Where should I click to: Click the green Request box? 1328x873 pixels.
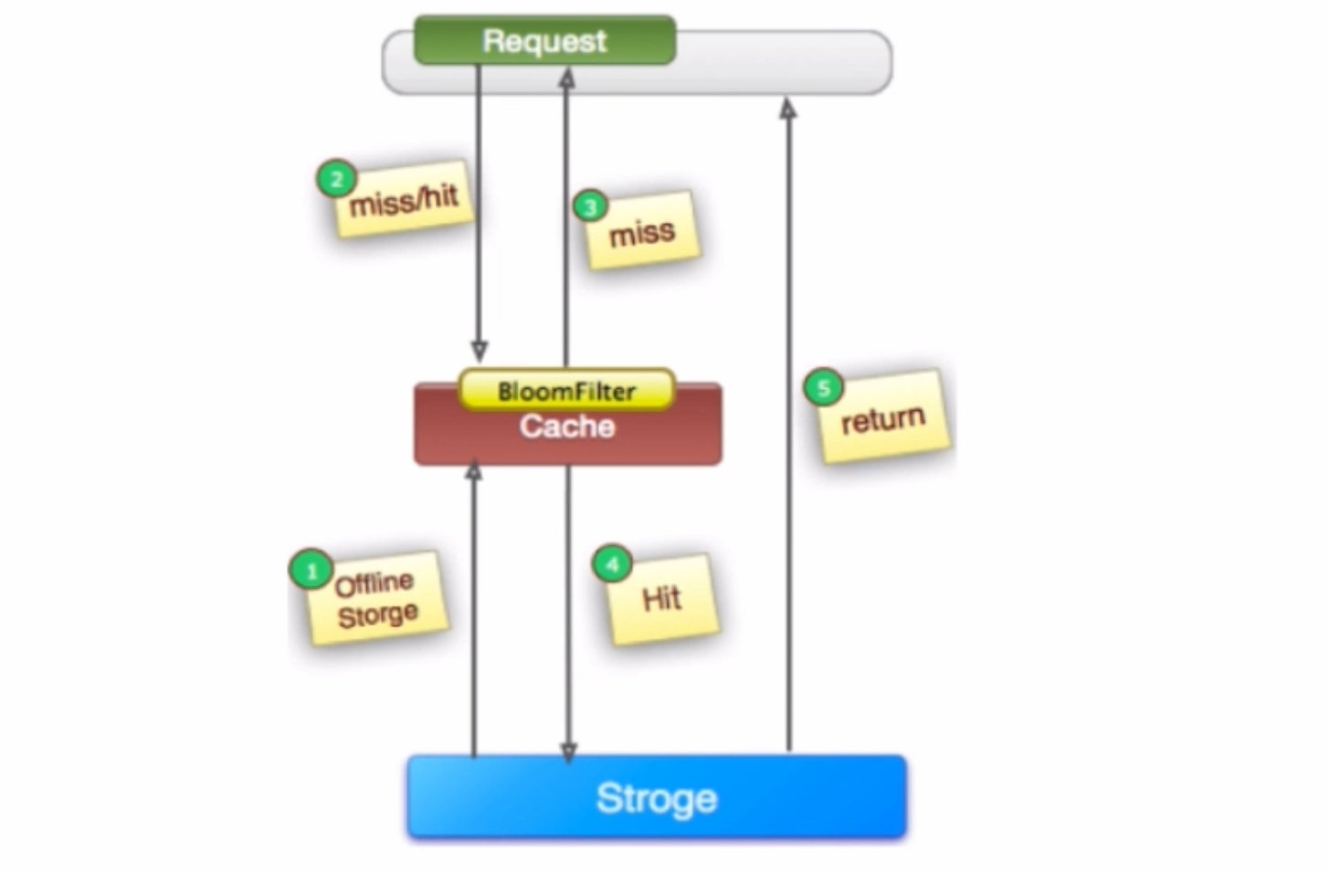tap(544, 40)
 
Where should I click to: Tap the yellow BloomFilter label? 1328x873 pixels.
tap(566, 391)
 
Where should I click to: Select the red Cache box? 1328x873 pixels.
tap(567, 434)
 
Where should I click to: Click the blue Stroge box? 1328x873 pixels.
tap(657, 797)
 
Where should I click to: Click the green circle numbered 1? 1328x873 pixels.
tap(311, 571)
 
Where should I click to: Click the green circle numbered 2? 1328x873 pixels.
tap(335, 179)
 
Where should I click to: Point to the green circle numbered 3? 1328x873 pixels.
tap(590, 207)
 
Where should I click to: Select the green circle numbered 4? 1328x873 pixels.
tap(612, 564)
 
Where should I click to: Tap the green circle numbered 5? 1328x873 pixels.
tap(823, 387)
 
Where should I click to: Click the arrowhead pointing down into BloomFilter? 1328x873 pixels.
tap(479, 352)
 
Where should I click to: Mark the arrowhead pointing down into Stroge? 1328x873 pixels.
tap(568, 752)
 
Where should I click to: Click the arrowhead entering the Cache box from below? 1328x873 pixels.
tap(473, 471)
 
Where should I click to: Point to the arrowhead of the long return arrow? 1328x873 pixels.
tap(787, 109)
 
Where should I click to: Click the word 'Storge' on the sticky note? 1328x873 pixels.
tap(378, 615)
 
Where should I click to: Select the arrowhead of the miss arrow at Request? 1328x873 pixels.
tap(566, 79)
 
